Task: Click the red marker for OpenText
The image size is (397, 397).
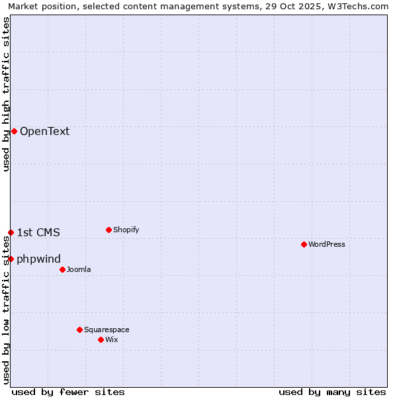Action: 14,131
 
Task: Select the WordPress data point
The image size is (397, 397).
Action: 304,244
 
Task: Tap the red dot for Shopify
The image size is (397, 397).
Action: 109,230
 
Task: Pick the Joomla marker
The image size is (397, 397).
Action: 62,269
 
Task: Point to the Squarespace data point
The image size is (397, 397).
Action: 79,330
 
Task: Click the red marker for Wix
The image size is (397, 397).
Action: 101,339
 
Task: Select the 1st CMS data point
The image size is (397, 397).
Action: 11,232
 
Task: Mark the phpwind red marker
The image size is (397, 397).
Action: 11,259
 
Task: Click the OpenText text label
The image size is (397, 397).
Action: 44,131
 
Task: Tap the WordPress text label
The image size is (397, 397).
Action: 327,244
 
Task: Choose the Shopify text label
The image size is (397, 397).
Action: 126,230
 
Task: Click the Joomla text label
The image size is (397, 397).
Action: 79,269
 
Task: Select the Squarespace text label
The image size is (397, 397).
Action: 107,330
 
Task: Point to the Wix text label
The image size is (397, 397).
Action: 112,339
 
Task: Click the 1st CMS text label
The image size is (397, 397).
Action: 38,232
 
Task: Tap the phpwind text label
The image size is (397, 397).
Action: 38,259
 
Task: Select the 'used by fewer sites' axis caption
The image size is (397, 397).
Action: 68,392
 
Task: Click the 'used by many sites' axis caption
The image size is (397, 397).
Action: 332,392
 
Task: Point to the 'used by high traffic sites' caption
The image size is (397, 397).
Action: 6,94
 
